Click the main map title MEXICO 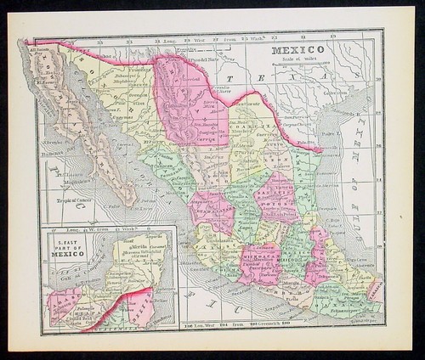point(297,50)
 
